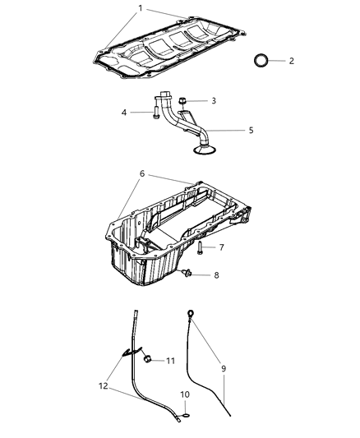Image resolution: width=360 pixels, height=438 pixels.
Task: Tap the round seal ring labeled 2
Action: [261, 62]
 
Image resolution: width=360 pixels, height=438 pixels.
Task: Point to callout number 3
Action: [213, 100]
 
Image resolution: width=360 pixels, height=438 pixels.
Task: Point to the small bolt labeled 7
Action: [201, 247]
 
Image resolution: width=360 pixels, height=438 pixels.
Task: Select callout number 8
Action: [216, 274]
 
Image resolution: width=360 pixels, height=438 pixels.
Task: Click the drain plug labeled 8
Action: [189, 273]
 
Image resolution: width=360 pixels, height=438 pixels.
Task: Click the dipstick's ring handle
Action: [191, 312]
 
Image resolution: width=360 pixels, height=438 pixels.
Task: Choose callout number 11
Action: [170, 360]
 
